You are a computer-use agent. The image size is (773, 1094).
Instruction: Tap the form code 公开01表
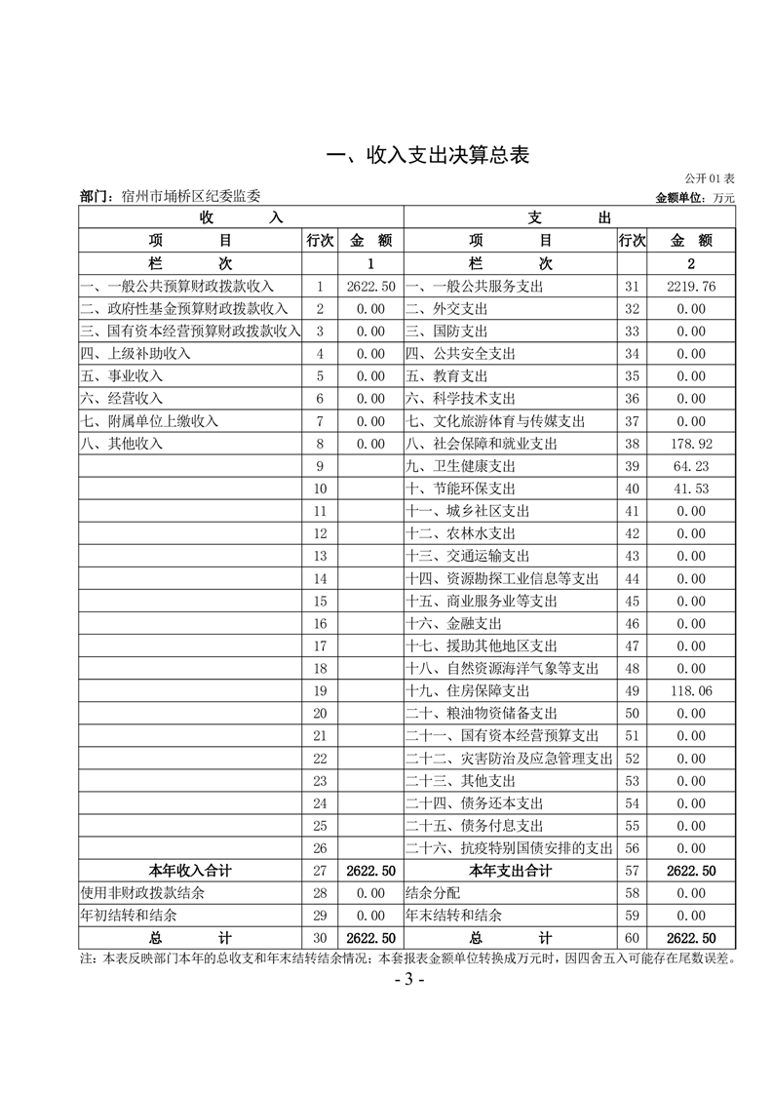(709, 178)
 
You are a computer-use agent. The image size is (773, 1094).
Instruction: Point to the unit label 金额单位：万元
(695, 197)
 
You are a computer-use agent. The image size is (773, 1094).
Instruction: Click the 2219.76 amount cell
(691, 287)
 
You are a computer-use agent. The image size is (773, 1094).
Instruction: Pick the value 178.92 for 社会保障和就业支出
(691, 444)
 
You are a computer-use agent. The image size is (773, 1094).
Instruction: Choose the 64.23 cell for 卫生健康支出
(691, 466)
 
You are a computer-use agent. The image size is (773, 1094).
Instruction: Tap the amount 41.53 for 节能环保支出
(691, 488)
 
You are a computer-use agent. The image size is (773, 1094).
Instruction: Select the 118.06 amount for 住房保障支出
(691, 691)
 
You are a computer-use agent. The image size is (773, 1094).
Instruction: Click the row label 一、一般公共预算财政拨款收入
(177, 287)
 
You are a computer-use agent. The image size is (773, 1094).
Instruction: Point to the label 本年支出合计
(510, 871)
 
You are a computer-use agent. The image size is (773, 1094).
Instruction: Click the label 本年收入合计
(190, 871)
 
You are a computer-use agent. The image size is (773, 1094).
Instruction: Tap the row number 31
(631, 287)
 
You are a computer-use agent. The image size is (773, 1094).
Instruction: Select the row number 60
(631, 938)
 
